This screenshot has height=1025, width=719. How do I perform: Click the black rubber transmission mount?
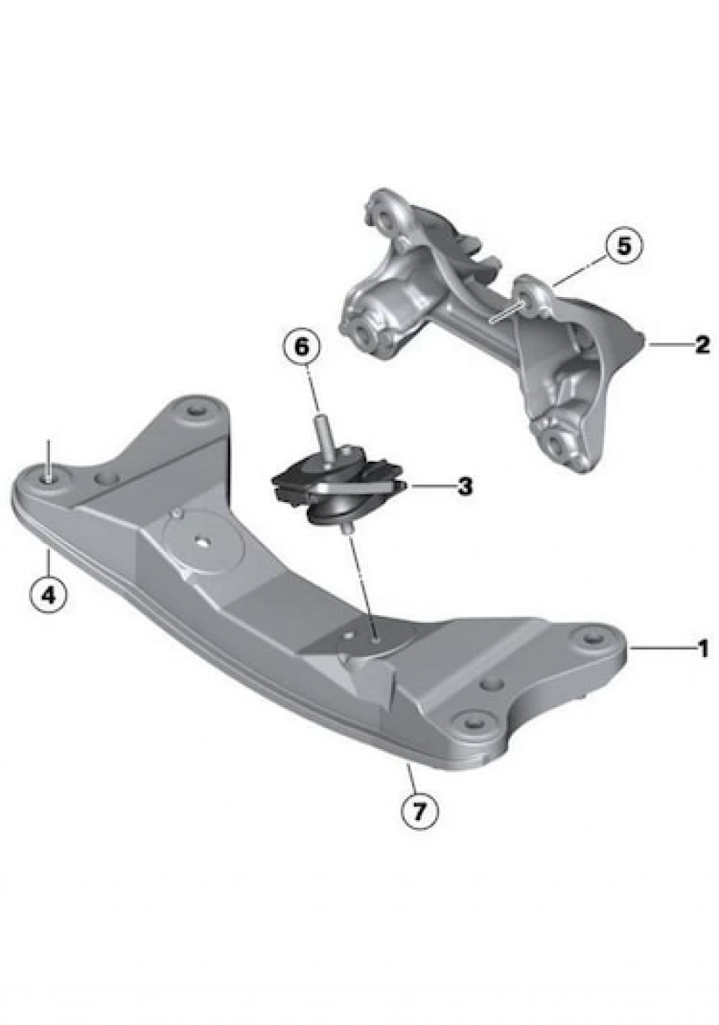(x=338, y=485)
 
